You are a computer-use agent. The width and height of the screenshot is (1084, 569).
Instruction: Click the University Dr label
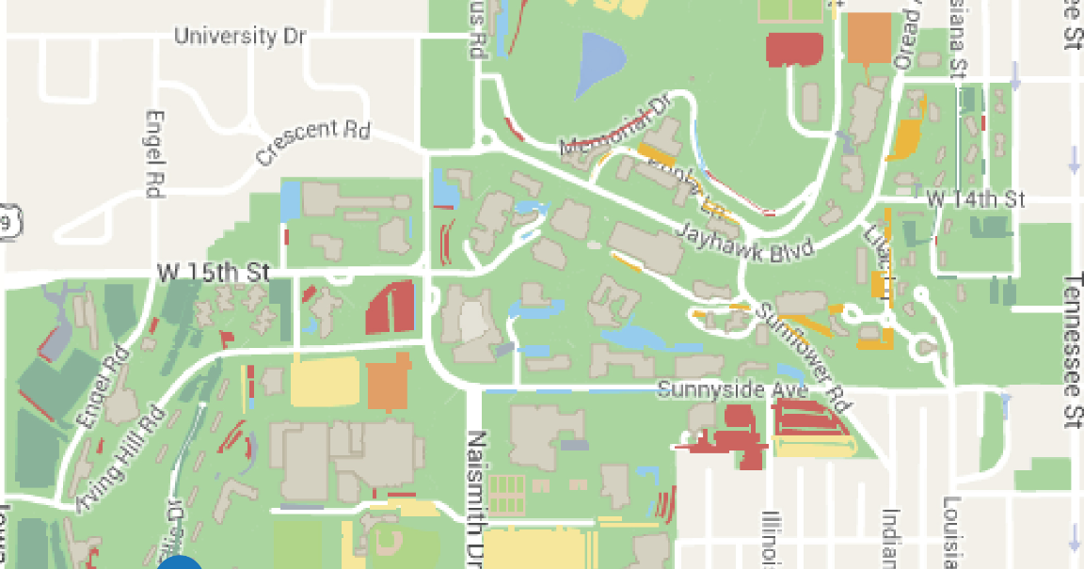pos(241,37)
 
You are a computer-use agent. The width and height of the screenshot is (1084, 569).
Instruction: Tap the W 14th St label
pos(977,199)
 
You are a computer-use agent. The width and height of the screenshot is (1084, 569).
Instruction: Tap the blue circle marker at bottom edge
pos(180,562)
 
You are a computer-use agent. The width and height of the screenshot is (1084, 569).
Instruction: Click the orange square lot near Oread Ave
pos(869,38)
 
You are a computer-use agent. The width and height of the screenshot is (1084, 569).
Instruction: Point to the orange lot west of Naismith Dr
pos(389,382)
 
